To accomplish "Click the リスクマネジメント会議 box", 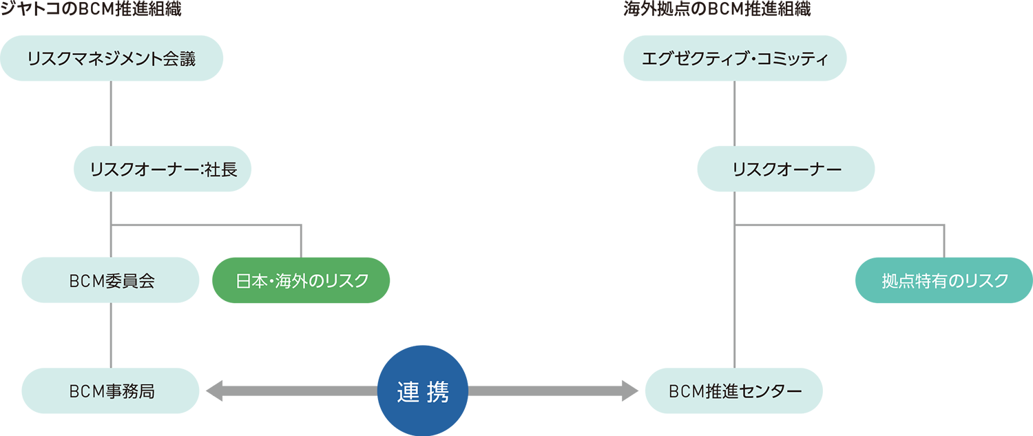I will (112, 59).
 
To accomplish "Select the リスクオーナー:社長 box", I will (163, 169).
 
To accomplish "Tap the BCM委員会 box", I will (111, 280).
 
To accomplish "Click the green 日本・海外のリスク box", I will (302, 280).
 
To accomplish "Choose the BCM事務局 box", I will (111, 391).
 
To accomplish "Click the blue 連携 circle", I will (423, 391).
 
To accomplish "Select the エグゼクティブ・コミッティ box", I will (734, 59).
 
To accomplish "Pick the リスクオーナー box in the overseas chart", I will (786, 169).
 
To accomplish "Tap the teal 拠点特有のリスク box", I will (944, 280).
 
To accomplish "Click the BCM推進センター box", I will (734, 391).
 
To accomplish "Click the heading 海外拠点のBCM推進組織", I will (716, 10).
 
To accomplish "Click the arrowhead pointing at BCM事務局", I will (213, 391).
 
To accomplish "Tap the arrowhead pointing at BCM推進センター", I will (631, 391).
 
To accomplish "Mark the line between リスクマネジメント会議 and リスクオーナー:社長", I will (111, 114).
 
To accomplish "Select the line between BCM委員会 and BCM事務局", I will (111, 336).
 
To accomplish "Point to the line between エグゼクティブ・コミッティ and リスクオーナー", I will (734, 114).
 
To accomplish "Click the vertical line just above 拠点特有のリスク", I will (944, 241).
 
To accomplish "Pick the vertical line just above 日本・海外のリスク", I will (302, 241).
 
